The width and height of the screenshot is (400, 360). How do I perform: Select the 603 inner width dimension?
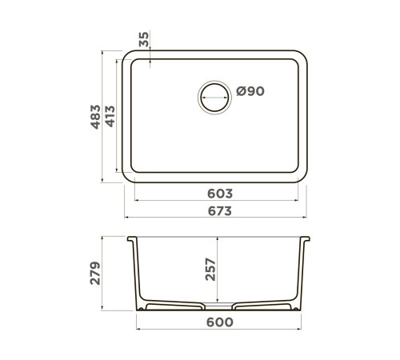(219, 193)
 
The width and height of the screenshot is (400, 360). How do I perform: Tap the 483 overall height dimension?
(94, 118)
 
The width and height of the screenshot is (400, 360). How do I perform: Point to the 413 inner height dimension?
(112, 118)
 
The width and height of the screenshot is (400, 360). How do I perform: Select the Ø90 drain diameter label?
(250, 91)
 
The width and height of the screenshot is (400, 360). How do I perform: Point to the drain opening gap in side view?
(219, 307)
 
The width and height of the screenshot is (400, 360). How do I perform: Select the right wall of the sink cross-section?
(302, 272)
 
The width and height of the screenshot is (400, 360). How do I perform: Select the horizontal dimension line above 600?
(219, 330)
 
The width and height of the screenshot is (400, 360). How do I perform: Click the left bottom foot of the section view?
(144, 308)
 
